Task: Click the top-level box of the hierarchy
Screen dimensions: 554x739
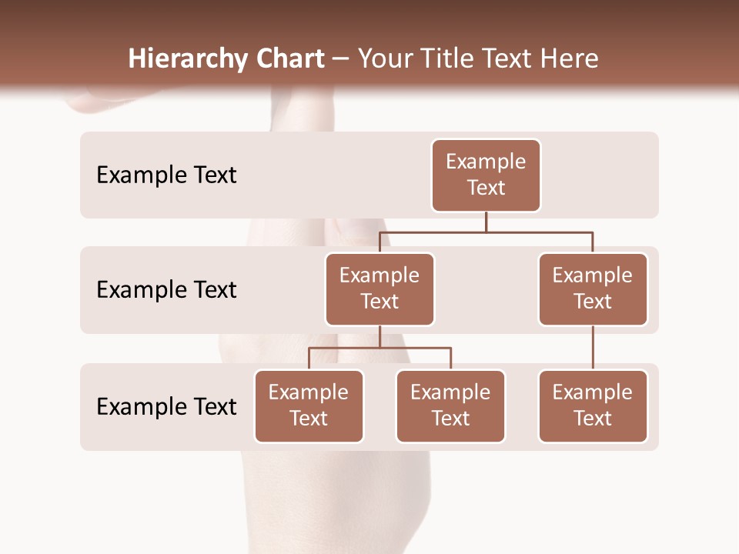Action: click(486, 175)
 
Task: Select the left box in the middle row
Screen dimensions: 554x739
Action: click(380, 289)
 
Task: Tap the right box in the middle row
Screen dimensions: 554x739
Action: click(593, 289)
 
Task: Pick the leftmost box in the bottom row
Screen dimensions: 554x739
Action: click(309, 406)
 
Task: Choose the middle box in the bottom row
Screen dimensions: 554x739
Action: click(450, 406)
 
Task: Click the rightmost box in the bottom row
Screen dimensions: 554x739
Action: click(593, 406)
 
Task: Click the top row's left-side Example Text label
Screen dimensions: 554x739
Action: click(166, 175)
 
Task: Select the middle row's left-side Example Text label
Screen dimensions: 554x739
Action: click(166, 290)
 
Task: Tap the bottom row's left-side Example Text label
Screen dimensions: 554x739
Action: click(166, 406)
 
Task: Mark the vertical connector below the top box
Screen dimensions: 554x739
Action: click(486, 222)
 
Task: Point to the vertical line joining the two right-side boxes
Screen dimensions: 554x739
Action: click(593, 348)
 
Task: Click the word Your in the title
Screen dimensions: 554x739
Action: click(384, 59)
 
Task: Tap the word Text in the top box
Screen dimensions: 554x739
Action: click(486, 188)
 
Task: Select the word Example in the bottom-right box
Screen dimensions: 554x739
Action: click(593, 393)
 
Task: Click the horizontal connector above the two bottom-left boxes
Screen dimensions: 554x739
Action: click(380, 348)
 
